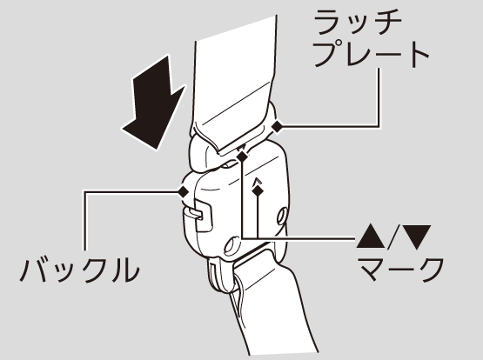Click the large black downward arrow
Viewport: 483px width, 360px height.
tap(154, 104)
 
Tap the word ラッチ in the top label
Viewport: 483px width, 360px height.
tap(358, 22)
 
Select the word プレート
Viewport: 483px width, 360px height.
tap(372, 55)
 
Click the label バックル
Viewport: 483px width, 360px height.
tap(79, 270)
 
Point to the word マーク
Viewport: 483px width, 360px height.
tap(401, 269)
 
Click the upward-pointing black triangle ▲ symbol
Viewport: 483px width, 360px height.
tap(371, 237)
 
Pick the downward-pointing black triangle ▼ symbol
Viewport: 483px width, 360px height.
tap(417, 237)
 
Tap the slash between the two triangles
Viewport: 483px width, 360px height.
tap(394, 237)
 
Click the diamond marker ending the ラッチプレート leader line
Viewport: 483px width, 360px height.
tap(277, 126)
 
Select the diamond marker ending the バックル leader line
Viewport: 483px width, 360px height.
tap(184, 191)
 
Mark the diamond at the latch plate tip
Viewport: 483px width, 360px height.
tap(242, 157)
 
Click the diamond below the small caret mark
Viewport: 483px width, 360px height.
tap(258, 190)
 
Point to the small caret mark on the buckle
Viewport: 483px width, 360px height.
tap(257, 182)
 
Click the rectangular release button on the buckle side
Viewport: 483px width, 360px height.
tap(203, 216)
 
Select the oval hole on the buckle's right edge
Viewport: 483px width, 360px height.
tap(282, 217)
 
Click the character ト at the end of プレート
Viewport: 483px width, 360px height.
tap(420, 55)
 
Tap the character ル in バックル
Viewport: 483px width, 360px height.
tap(124, 270)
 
